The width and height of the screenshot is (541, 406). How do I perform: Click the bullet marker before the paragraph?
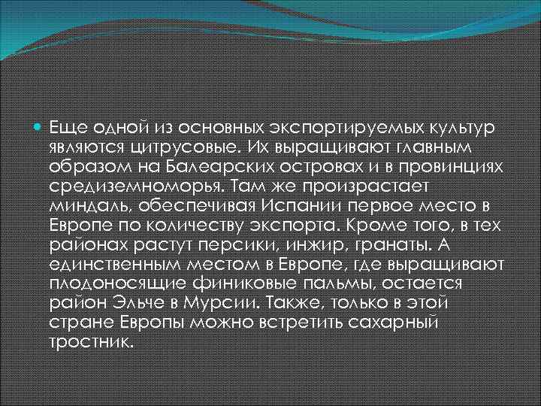(38, 123)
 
